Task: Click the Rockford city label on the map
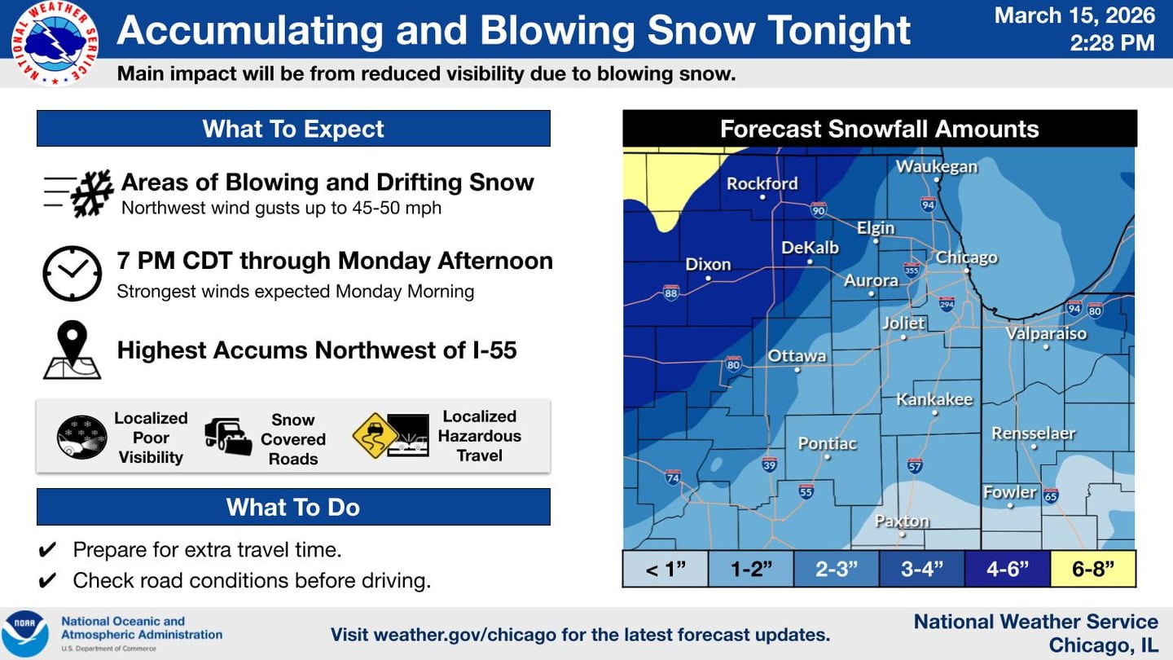pyautogui.click(x=762, y=183)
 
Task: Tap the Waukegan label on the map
pyautogui.click(x=936, y=166)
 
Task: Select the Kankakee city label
pyautogui.click(x=934, y=399)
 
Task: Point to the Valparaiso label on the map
pyautogui.click(x=1046, y=333)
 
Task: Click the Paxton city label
pyautogui.click(x=902, y=521)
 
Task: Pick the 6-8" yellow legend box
pyautogui.click(x=1092, y=569)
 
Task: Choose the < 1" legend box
pyautogui.click(x=666, y=569)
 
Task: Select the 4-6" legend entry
pyautogui.click(x=1008, y=569)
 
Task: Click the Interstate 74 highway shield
pyautogui.click(x=673, y=476)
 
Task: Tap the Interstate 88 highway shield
pyautogui.click(x=670, y=293)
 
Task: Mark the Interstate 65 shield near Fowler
pyautogui.click(x=1051, y=495)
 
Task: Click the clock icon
pyautogui.click(x=72, y=274)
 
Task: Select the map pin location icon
pyautogui.click(x=72, y=350)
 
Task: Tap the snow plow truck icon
pyautogui.click(x=227, y=438)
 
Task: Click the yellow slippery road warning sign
pyautogui.click(x=375, y=436)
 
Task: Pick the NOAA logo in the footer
pyautogui.click(x=24, y=633)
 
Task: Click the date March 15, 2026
pyautogui.click(x=1074, y=15)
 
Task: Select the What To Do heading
pyautogui.click(x=293, y=507)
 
